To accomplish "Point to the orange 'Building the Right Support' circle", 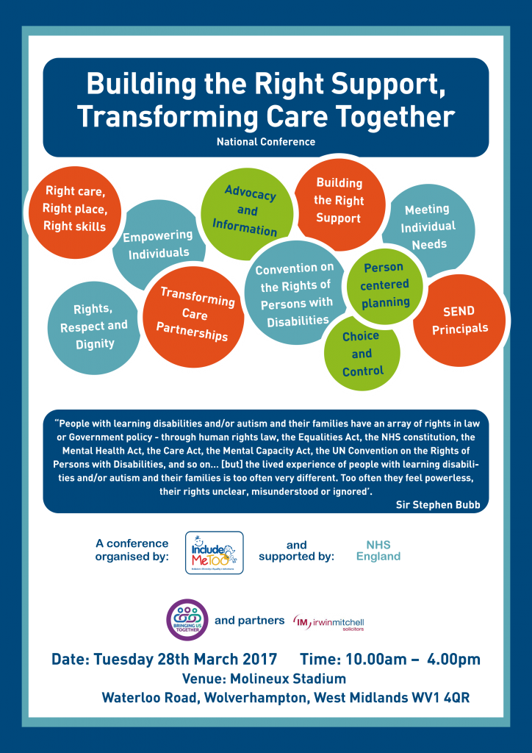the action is pos(338,200).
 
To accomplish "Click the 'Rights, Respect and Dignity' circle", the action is pos(94,326).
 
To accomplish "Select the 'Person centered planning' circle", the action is pos(385,285).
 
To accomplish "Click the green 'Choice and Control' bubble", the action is pos(362,353).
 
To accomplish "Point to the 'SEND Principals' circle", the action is pos(459,320).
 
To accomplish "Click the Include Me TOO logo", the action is pos(214,552).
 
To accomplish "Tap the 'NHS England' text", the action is pos(378,551).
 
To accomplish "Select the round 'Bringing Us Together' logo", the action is pos(187,619).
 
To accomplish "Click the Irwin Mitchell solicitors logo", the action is pos(328,622).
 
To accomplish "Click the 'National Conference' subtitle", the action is pos(265,142).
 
